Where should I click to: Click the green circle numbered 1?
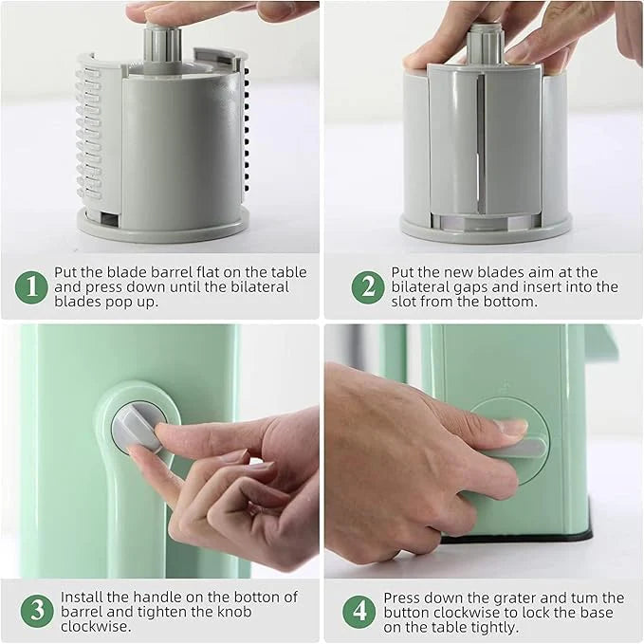(x=31, y=287)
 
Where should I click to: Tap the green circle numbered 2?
(x=368, y=287)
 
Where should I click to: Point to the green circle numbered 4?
(x=359, y=612)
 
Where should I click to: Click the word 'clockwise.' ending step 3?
(x=96, y=626)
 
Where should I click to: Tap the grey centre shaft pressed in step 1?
(x=162, y=46)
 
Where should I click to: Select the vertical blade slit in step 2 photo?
(x=480, y=144)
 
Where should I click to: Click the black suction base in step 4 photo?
(x=518, y=537)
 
